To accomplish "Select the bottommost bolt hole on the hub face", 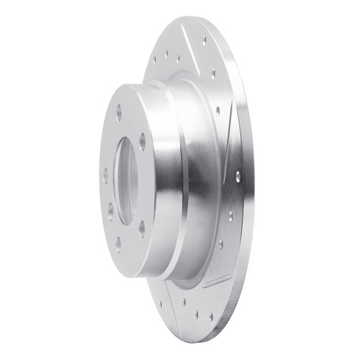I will pos(119,242).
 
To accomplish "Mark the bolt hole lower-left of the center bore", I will pos(110,210).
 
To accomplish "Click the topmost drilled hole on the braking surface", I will pos(204,40).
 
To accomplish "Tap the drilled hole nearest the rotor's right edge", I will pos(238,175).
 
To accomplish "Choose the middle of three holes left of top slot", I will pos(166,54).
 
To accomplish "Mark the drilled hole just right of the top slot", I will pos(213,73).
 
